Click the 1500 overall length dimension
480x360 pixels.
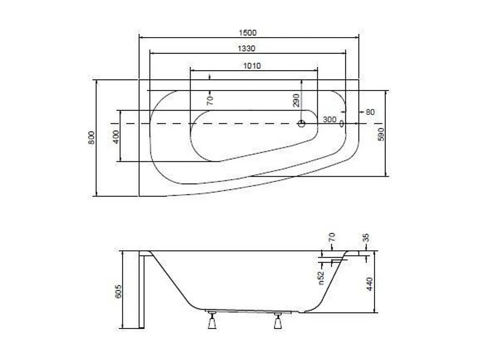[x=248, y=33]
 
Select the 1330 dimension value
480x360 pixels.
[x=246, y=48]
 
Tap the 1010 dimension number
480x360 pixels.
[x=252, y=65]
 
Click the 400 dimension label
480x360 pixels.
[x=116, y=136]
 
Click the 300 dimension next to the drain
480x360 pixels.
[x=330, y=120]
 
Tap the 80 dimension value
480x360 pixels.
[x=369, y=112]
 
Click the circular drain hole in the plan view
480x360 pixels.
[x=302, y=124]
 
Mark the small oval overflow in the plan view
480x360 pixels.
[x=341, y=123]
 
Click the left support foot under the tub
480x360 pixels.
[x=211, y=321]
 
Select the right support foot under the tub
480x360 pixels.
[x=278, y=321]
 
